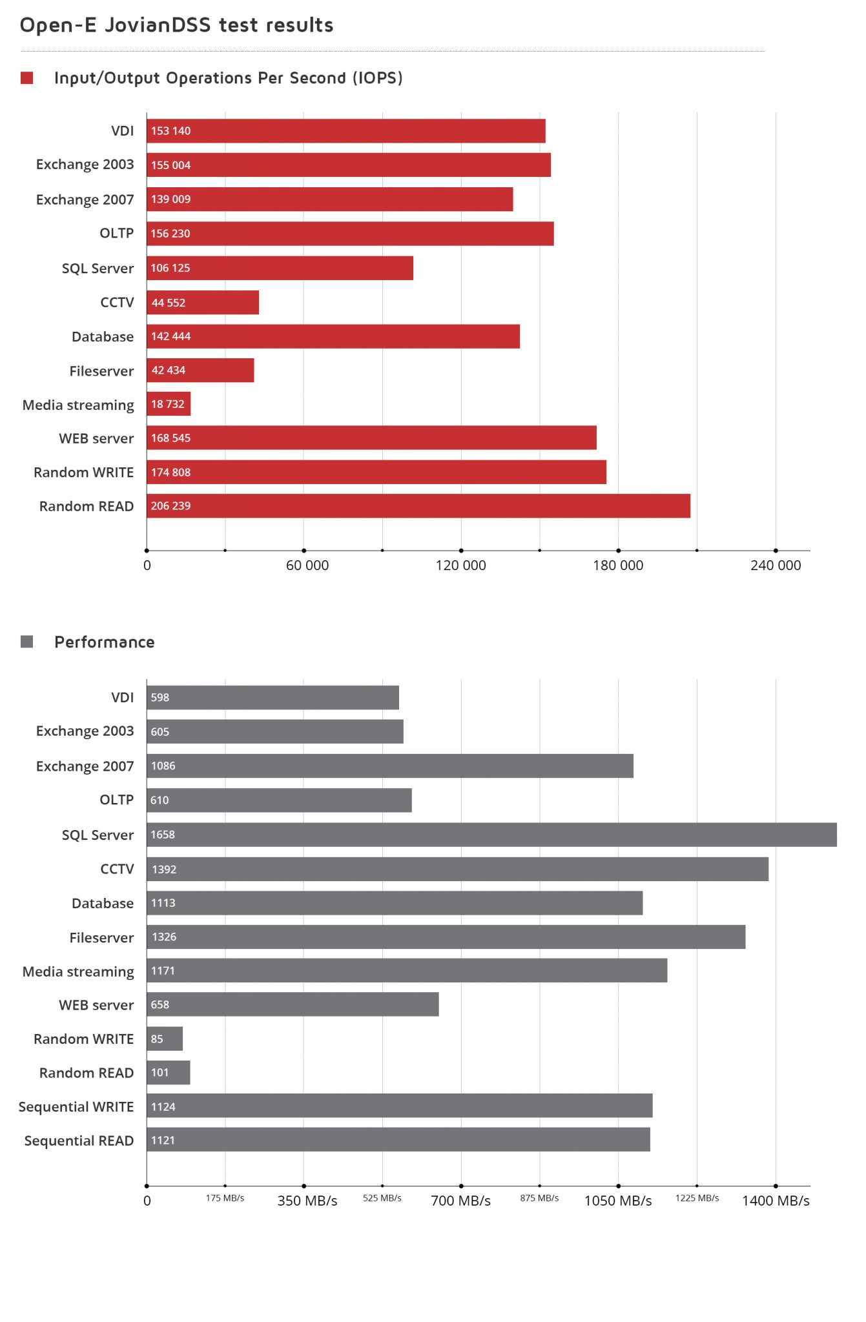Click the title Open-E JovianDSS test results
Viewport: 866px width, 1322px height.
[176, 25]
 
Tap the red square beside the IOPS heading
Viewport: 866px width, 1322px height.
[26, 78]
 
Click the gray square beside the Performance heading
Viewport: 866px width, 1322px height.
[26, 642]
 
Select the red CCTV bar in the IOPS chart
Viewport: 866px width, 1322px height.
[203, 303]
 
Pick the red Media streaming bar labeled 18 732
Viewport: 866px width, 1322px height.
[169, 404]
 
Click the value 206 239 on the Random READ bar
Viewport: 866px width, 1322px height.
[170, 506]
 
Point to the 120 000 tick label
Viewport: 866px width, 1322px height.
[460, 565]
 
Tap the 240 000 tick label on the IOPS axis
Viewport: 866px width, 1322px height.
[775, 565]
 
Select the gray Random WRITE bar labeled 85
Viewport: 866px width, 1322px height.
[165, 1039]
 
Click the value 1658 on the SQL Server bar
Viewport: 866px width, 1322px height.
[163, 835]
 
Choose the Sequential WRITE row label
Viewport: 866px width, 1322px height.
[76, 1107]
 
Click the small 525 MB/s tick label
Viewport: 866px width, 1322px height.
[382, 1198]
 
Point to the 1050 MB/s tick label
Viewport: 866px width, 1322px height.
[617, 1201]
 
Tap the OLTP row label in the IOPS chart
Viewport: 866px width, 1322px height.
[116, 234]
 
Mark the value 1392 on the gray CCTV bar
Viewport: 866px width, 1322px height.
[164, 869]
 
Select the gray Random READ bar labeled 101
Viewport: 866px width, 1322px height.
[169, 1073]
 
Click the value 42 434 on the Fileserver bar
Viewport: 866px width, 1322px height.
[168, 371]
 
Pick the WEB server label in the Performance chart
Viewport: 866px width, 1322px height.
[96, 1005]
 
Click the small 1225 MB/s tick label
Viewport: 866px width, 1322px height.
[697, 1198]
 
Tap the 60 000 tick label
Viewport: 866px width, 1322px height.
[307, 565]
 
